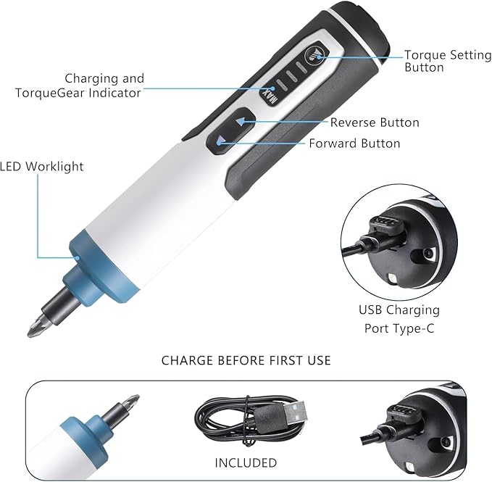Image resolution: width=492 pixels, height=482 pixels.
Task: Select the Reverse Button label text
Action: pyautogui.click(x=375, y=122)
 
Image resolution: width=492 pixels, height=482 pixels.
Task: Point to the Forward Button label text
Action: pyautogui.click(x=354, y=144)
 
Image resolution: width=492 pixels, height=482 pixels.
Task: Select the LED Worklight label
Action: pyautogui.click(x=41, y=167)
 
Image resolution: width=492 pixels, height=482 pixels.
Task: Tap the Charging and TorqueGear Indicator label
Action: pyautogui.click(x=103, y=86)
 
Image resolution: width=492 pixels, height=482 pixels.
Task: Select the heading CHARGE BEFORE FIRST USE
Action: pyautogui.click(x=246, y=360)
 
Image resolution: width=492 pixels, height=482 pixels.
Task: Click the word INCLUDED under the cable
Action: pyautogui.click(x=246, y=462)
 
